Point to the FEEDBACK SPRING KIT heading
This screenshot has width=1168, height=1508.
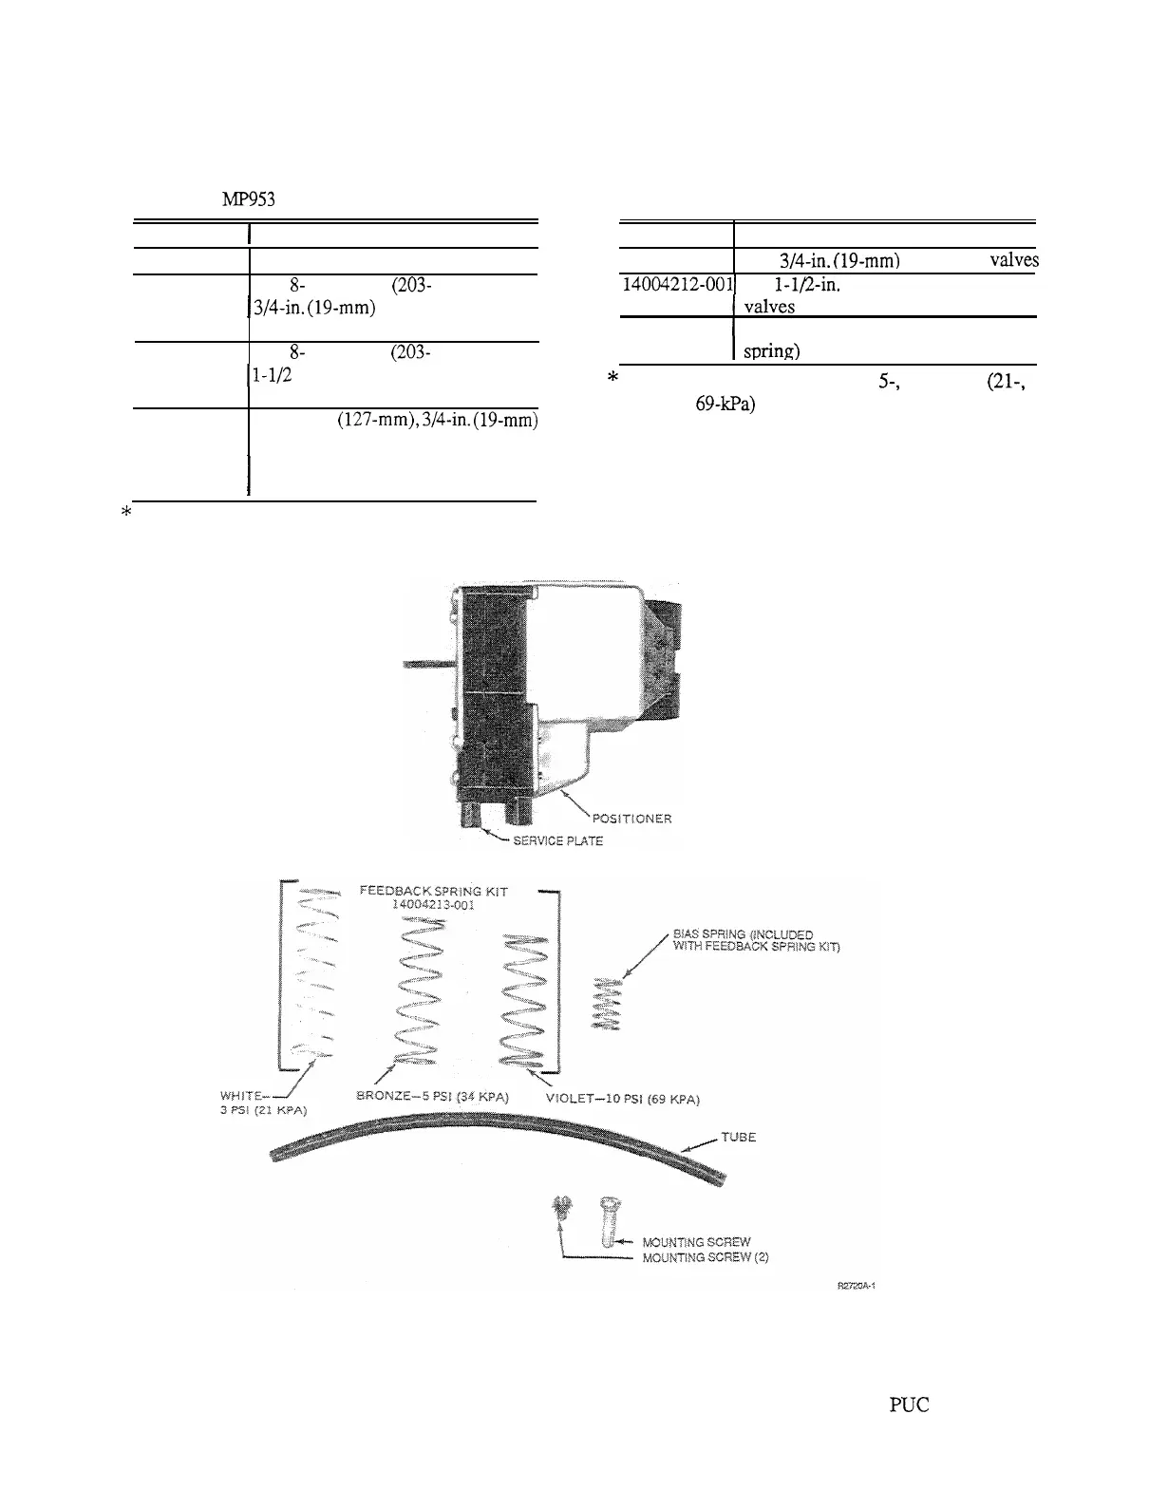pyautogui.click(x=434, y=891)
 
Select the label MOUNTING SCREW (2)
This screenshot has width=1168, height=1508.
pyautogui.click(x=705, y=1257)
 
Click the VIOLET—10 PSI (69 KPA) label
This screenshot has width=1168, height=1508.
pyautogui.click(x=623, y=1100)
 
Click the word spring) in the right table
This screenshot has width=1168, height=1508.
pyautogui.click(x=771, y=350)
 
